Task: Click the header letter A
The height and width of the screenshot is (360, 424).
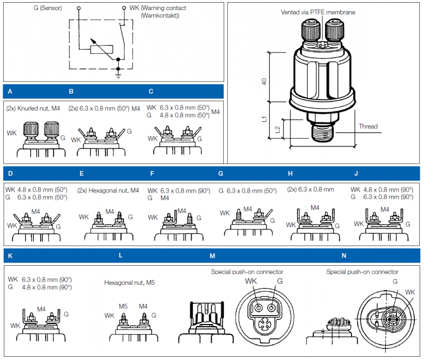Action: coord(10,91)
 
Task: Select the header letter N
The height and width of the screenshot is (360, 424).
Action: coord(344,256)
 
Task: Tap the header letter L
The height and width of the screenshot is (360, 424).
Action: coord(121,255)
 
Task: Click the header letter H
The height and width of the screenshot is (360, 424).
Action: coord(290,173)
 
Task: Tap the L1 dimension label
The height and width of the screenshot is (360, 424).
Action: coord(263,119)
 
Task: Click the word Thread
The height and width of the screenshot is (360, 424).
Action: coord(368,127)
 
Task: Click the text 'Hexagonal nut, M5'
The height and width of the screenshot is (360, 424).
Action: coord(129,283)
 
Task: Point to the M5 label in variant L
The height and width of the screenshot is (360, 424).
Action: coord(123,306)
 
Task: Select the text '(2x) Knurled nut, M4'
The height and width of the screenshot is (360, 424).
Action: coord(34,109)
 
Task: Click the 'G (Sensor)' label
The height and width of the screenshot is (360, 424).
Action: coord(47,8)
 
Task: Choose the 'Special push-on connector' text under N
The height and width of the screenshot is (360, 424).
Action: coord(362,272)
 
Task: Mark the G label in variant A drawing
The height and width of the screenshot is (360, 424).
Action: coord(63,137)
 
